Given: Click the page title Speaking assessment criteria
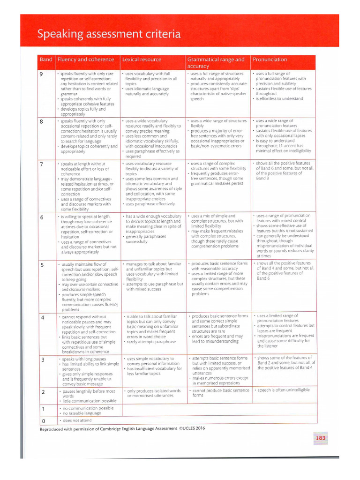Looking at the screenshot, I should [109, 34].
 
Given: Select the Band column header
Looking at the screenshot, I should [46, 60].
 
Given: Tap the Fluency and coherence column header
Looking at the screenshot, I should [86, 60].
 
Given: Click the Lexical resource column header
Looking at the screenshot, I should [142, 60].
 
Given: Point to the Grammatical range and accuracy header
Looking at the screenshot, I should [216, 63].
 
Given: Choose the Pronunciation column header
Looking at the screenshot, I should [270, 60].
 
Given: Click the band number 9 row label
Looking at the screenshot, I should [41, 75].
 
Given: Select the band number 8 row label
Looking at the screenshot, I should [41, 121].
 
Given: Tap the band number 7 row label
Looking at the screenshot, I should [41, 165].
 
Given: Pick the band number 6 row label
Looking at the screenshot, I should [41, 217].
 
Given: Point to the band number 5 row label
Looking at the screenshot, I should [41, 265].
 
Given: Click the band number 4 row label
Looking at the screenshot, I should [42, 318].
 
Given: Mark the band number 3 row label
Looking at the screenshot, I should [42, 360].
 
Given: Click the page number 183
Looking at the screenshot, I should [321, 438].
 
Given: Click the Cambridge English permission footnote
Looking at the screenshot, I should [122, 428].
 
